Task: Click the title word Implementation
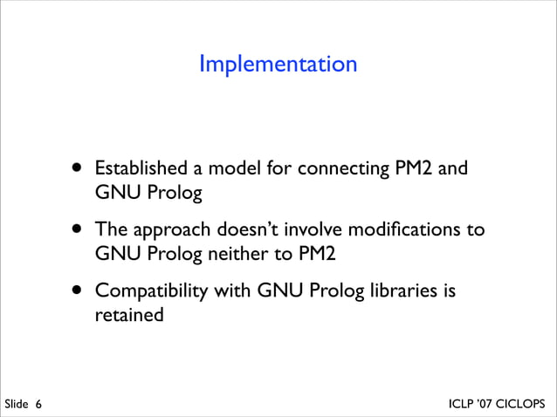[278, 64]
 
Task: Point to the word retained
[129, 314]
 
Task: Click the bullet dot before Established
[79, 166]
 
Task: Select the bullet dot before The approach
[79, 229]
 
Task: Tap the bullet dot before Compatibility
[79, 289]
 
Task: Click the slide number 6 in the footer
[39, 405]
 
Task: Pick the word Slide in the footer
[17, 405]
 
